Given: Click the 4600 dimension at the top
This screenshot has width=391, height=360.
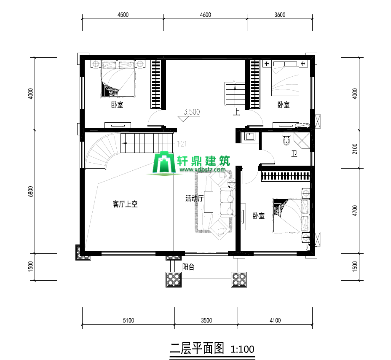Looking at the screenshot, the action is click(206, 15).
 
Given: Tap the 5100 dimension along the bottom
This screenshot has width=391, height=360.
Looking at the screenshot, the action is click(129, 320).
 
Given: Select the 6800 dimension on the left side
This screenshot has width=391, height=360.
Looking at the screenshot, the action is click(30, 192).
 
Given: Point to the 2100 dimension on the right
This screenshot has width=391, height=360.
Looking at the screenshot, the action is click(355, 149).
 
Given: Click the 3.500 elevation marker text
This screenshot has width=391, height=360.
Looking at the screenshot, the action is click(192, 112).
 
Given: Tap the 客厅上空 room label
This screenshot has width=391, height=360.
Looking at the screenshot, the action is click(125, 204).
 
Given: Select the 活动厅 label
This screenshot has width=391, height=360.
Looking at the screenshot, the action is click(195, 198).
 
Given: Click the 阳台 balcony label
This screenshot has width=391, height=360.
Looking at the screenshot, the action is click(188, 267).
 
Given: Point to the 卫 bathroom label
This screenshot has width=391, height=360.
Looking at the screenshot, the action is click(294, 153).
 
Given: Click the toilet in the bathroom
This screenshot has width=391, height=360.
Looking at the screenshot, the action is click(287, 139).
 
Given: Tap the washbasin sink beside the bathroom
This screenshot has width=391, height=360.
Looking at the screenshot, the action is click(249, 137).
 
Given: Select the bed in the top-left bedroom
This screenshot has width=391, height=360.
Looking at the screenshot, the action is click(118, 78).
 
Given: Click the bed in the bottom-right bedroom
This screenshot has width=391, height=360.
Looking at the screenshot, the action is click(291, 215).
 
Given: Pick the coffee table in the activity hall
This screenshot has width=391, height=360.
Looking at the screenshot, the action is click(209, 202).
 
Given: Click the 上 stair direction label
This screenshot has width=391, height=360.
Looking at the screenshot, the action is click(236, 112).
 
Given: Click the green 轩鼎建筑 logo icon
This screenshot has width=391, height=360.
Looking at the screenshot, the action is click(164, 162).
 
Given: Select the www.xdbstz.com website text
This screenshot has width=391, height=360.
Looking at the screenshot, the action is click(202, 169).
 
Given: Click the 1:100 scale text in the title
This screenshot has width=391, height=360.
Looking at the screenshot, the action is click(242, 349).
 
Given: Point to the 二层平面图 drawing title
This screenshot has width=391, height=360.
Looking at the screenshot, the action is click(197, 348).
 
